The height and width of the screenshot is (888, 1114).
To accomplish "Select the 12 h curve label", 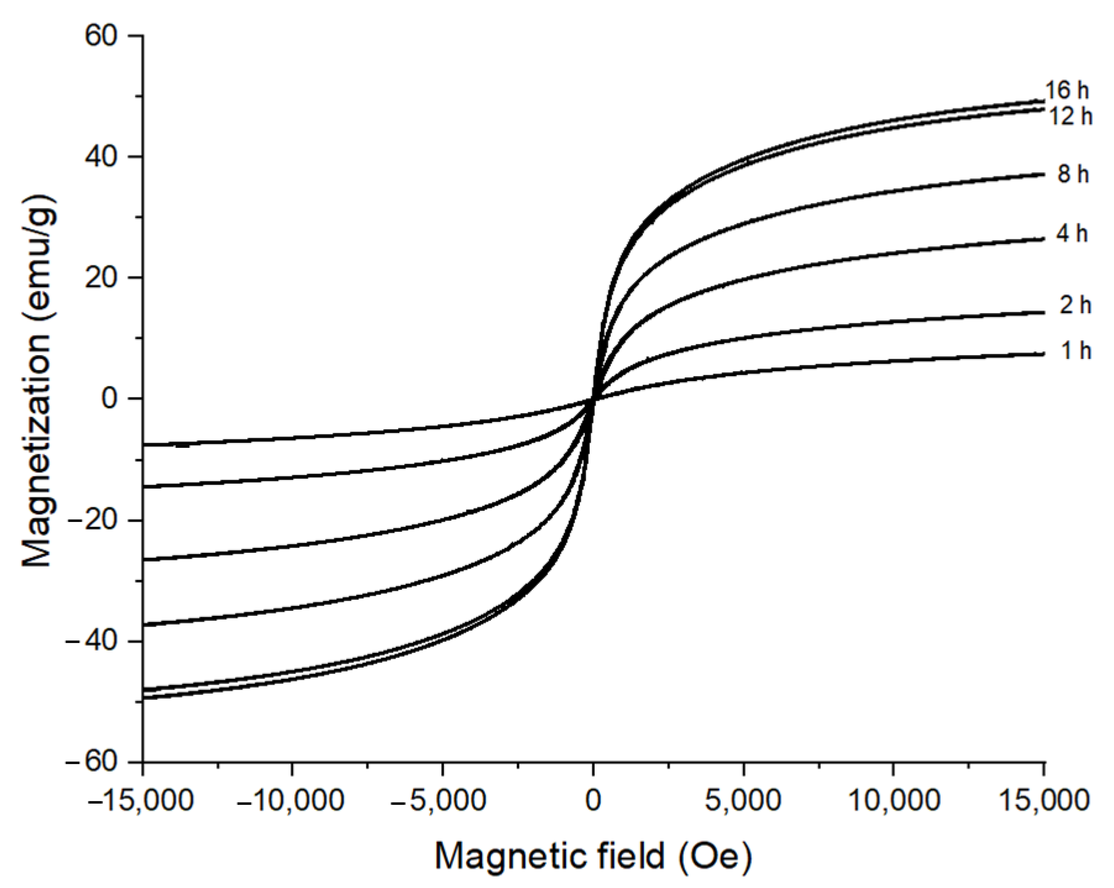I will [x=1070, y=117].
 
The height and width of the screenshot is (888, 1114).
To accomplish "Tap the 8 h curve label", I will [x=1073, y=174].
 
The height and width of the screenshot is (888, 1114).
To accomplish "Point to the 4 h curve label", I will [x=1072, y=234].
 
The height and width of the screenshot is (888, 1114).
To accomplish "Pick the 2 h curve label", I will [x=1075, y=305].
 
